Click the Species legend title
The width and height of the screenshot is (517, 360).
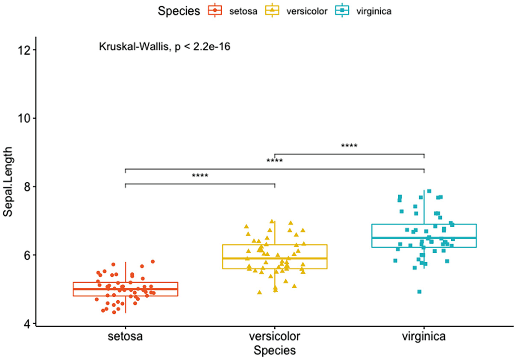(179, 12)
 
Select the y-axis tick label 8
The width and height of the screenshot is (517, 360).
(26, 187)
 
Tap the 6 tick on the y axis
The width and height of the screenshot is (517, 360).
(26, 255)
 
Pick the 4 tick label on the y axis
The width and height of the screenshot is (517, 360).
(26, 324)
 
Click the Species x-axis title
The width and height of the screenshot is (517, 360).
(274, 351)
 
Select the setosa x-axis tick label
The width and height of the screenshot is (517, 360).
(125, 337)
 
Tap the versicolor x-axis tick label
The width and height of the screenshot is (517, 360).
(274, 337)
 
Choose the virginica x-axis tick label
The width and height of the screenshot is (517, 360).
(424, 337)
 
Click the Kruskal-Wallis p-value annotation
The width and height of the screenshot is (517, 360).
(165, 47)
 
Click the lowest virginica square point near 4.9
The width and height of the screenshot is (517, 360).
(420, 292)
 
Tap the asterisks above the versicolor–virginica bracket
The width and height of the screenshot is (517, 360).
(349, 146)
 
